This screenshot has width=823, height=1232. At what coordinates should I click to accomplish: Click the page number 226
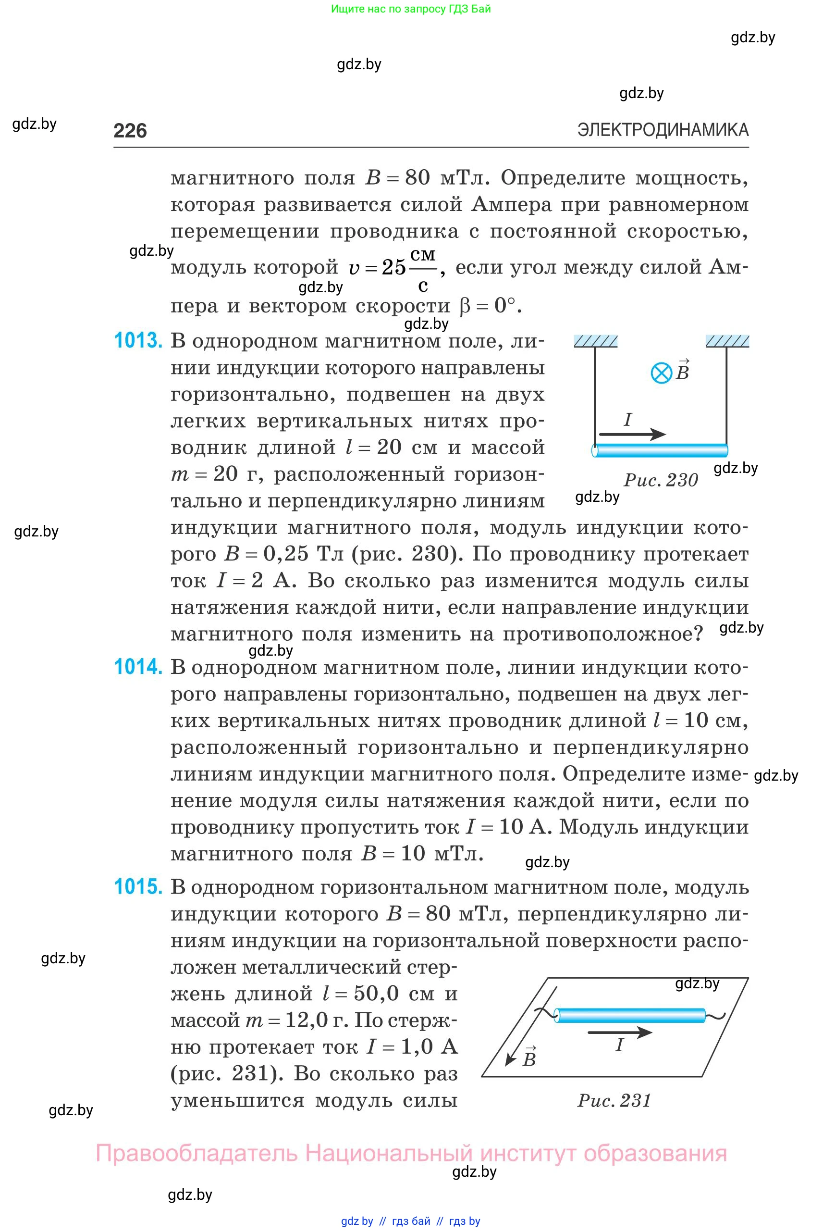[x=130, y=130]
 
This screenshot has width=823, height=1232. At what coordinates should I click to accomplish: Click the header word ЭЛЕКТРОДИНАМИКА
[x=663, y=130]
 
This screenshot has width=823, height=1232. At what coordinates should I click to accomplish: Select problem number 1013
[x=138, y=341]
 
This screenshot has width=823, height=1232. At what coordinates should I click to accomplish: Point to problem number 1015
[x=138, y=887]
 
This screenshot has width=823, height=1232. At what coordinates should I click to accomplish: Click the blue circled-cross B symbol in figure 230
[x=662, y=373]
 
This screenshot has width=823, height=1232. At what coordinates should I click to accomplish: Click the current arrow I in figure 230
[x=632, y=434]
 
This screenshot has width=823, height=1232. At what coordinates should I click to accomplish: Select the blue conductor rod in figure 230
[x=660, y=450]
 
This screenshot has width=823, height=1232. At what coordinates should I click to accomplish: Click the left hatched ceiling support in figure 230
[x=596, y=341]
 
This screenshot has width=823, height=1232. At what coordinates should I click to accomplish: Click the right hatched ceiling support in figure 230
[x=727, y=341]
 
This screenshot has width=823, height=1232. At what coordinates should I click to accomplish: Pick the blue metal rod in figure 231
[x=630, y=1016]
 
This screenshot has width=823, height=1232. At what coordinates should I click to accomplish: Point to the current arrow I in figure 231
[x=619, y=1033]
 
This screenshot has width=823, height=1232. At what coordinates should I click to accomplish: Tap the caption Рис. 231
[x=614, y=1100]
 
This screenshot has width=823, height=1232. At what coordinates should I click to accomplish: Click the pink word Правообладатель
[x=197, y=1154]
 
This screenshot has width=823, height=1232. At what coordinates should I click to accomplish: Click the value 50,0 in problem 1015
[x=376, y=993]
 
